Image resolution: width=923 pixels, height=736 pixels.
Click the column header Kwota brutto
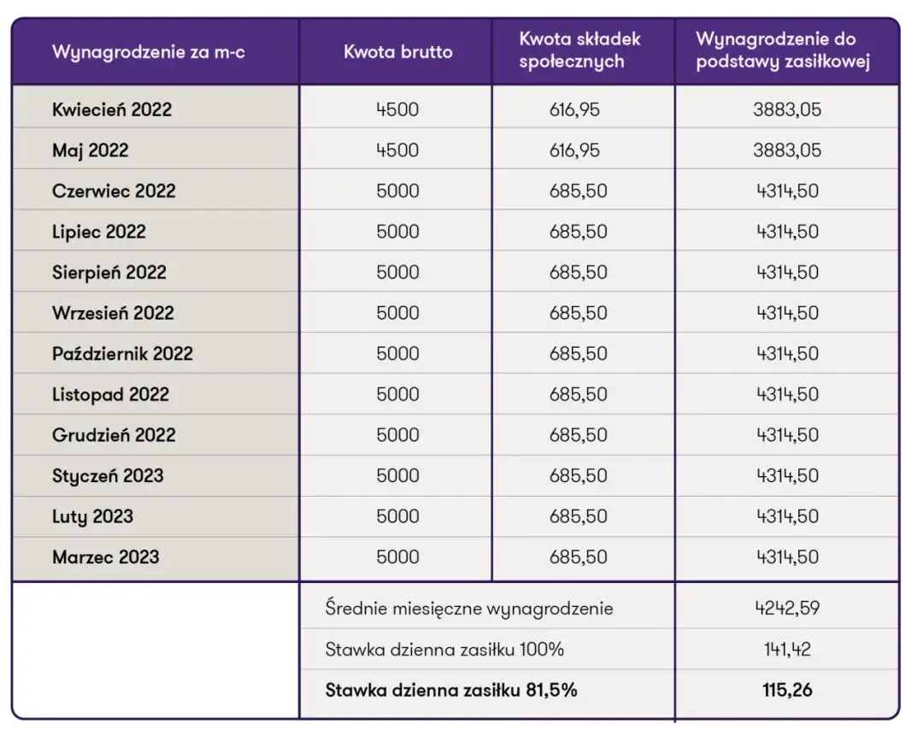tap(397, 51)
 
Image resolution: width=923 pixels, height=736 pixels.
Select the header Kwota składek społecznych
tap(579, 50)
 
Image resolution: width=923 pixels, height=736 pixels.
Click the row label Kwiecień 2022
tap(112, 109)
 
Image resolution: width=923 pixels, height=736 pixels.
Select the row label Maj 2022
tap(91, 150)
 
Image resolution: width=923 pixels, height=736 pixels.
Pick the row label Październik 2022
tap(123, 354)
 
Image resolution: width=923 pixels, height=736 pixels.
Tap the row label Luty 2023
tap(93, 516)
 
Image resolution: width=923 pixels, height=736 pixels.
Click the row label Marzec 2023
tap(106, 557)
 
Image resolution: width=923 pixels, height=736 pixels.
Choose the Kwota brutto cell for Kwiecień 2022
tap(397, 109)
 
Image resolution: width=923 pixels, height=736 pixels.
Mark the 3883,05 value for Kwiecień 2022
tap(787, 109)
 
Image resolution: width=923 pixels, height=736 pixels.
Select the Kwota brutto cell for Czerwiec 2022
tap(397, 191)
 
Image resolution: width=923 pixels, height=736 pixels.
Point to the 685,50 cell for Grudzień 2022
tap(579, 435)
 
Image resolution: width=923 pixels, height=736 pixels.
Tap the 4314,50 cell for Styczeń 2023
tap(787, 476)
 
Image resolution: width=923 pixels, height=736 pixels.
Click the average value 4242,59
tap(787, 609)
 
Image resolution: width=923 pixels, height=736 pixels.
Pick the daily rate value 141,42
tap(787, 650)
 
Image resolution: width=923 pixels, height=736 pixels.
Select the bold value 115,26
tap(787, 690)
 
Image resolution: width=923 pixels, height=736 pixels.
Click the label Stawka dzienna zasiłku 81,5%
tap(451, 690)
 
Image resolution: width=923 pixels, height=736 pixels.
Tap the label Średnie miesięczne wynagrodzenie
tap(469, 609)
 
